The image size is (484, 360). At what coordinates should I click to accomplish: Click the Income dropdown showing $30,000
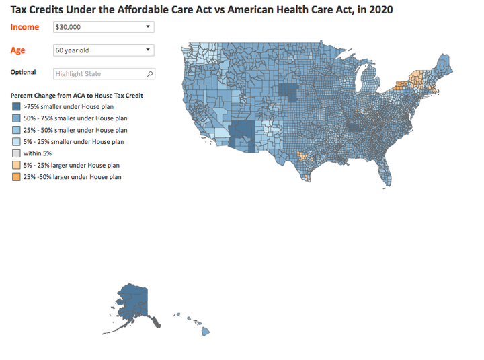click(x=103, y=27)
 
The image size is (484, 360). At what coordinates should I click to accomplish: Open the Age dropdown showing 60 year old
click(x=103, y=50)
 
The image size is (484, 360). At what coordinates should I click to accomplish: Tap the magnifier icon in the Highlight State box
click(x=150, y=73)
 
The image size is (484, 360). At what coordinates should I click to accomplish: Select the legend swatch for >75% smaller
click(x=16, y=106)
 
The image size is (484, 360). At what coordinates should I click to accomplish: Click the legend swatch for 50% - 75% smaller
click(x=16, y=118)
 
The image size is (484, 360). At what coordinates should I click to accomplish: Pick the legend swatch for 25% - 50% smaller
click(x=16, y=130)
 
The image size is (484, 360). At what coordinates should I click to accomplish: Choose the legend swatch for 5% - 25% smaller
click(x=16, y=141)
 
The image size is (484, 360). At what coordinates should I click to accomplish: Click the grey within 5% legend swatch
click(x=16, y=153)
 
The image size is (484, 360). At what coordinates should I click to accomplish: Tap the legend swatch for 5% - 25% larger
click(x=16, y=165)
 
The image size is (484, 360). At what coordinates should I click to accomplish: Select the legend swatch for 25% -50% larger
click(x=16, y=177)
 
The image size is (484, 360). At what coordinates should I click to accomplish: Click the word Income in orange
click(x=24, y=27)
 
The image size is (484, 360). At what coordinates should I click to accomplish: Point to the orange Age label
click(x=18, y=50)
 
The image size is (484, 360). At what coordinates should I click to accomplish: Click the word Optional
click(x=24, y=73)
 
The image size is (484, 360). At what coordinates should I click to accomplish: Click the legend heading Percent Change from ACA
click(x=77, y=96)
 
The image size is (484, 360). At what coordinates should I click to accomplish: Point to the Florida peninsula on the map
click(x=386, y=172)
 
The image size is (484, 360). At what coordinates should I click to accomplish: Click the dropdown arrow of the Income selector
click(x=148, y=27)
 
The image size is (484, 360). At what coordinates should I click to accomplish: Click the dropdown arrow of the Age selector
click(x=148, y=50)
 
